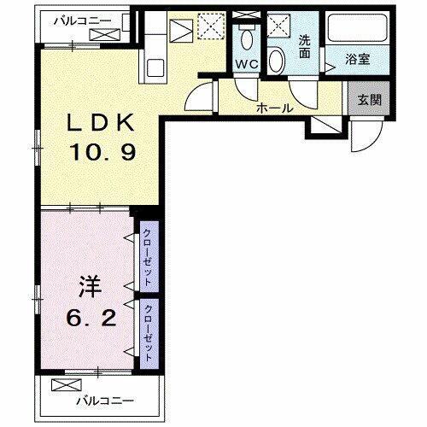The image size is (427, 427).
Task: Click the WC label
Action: (x=248, y=65)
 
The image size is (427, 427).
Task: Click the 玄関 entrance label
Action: (x=368, y=97)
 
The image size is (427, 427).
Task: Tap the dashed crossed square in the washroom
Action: (x=278, y=26)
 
